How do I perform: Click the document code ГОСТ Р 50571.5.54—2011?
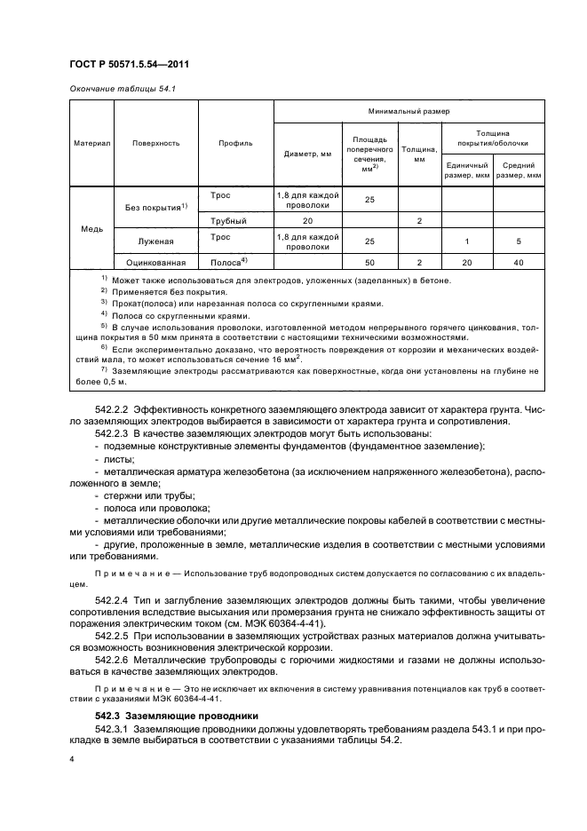tap(132, 64)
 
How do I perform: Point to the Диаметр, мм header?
tap(307, 153)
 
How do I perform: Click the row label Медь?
tap(92, 228)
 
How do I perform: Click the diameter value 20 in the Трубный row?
tap(307, 219)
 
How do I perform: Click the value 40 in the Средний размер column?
tap(518, 263)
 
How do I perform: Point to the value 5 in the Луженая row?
tap(518, 241)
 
